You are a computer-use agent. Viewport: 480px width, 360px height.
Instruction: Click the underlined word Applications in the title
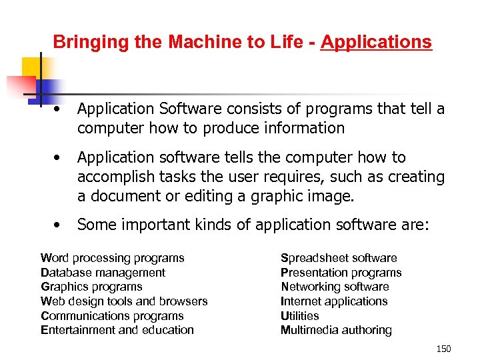point(376,43)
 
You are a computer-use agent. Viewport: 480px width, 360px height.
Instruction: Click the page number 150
point(443,349)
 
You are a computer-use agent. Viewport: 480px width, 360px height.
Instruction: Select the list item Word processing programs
point(113,258)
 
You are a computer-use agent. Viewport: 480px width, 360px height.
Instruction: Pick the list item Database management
point(103,273)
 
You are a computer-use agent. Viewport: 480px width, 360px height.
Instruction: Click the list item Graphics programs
point(91,287)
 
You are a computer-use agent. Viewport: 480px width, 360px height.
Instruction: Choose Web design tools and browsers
point(124,301)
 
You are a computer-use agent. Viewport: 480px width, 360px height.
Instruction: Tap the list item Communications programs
point(112,316)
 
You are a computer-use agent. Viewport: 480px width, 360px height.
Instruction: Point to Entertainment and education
point(117,330)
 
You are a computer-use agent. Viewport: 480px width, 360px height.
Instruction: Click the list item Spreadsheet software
point(339,258)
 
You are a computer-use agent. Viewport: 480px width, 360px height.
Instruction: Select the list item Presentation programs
point(341,273)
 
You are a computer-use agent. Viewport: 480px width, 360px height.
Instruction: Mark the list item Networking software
point(335,287)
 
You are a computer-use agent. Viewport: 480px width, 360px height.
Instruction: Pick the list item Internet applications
point(334,301)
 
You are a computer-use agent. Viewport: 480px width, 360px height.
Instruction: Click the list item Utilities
point(300,316)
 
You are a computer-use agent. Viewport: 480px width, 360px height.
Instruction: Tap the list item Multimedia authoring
point(336,330)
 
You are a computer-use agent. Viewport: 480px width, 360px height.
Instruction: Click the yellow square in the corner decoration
point(31,67)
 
